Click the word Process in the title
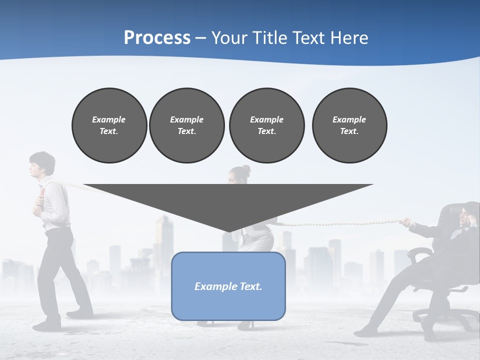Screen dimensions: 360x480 pos(157,38)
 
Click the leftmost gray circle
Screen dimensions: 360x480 pos(109,125)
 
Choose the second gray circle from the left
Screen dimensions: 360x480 pos(186,125)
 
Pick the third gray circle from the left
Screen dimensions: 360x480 pos(266,125)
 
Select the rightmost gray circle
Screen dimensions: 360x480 pos(349,125)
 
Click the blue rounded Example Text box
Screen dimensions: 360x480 pos(228,286)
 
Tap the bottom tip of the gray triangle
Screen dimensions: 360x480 pos(228,231)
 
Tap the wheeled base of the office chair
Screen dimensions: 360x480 pos(445,315)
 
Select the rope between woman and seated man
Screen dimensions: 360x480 pos(340,222)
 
